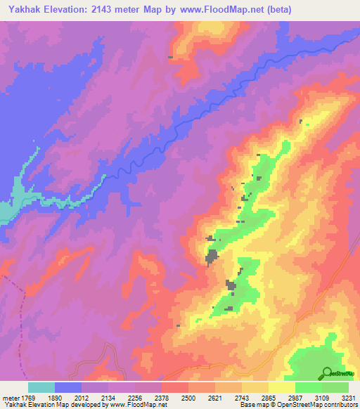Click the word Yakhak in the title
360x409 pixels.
(20, 8)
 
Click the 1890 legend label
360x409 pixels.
(55, 398)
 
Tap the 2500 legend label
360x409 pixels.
(188, 398)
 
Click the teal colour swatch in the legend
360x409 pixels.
(41, 387)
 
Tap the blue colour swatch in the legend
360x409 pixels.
(68, 387)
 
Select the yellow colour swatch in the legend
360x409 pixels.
(282, 387)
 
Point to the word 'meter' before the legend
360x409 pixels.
(10, 398)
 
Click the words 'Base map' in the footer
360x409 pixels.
(252, 405)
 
